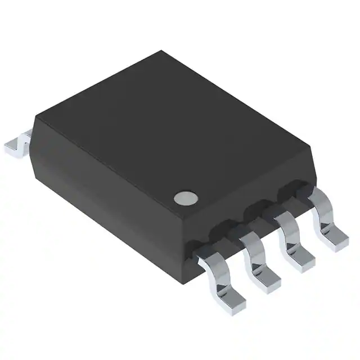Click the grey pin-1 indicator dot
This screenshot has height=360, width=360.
(186, 197)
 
